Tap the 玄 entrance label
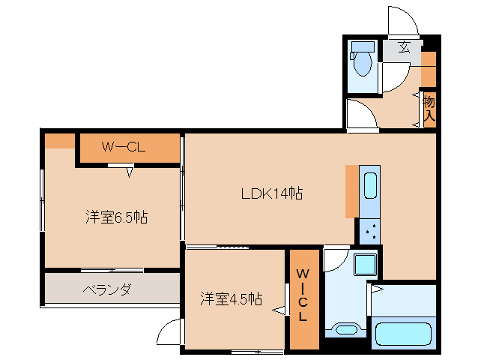click(x=404, y=48)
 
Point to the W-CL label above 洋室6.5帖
click(x=124, y=147)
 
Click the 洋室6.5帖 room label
click(x=116, y=218)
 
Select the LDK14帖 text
click(x=271, y=193)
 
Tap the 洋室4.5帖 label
click(x=231, y=298)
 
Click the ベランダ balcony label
click(x=107, y=289)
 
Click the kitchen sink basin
click(x=370, y=184)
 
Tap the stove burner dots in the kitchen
click(x=369, y=232)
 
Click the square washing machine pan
click(x=365, y=265)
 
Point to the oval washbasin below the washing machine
click(x=346, y=329)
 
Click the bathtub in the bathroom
click(x=405, y=334)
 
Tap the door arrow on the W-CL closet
click(x=130, y=173)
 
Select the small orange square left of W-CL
click(x=59, y=140)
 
